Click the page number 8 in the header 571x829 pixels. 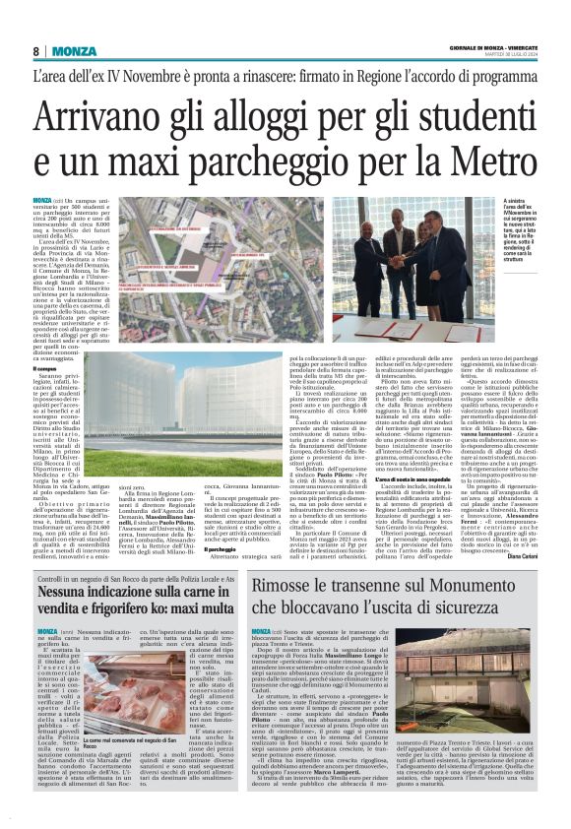pyautogui.click(x=35, y=51)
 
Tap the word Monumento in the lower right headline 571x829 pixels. pyautogui.click(x=477, y=588)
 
